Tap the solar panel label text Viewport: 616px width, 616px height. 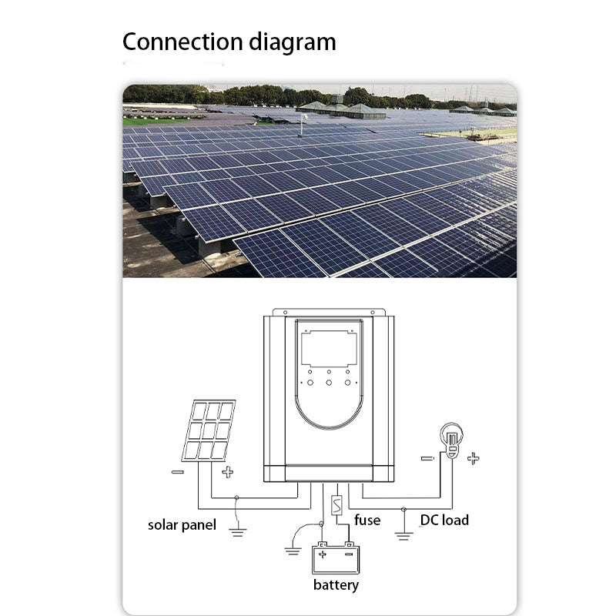pos(182,525)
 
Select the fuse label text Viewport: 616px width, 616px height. pos(367,520)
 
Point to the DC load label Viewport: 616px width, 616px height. pos(444,520)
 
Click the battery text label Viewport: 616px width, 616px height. pos(336,585)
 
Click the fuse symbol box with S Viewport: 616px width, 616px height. pos(336,506)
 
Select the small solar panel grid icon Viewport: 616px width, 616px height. pos(209,430)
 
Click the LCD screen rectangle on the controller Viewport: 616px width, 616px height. pos(329,346)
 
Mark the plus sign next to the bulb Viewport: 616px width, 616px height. pos(473,458)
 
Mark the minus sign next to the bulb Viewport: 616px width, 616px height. pos(427,458)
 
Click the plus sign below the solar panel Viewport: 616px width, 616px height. pos(227,472)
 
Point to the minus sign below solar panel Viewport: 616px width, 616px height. pos(178,472)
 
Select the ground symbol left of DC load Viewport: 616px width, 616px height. pos(403,534)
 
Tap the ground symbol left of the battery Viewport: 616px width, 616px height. pos(292,549)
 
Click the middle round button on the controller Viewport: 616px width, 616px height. pos(329,382)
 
